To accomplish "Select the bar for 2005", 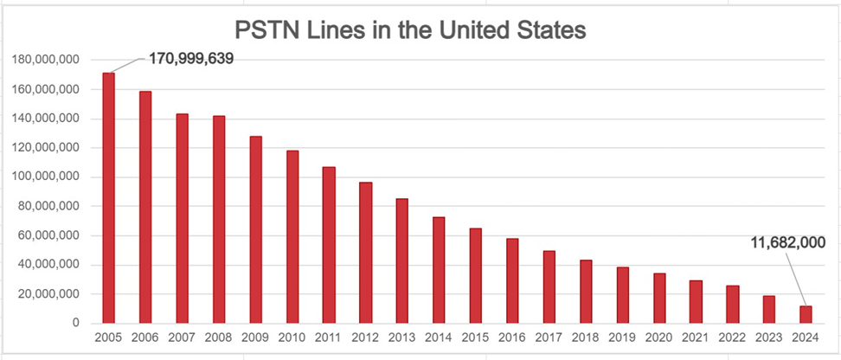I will pos(108,198).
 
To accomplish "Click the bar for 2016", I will pos(512,281).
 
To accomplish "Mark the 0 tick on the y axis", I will pos(76,324).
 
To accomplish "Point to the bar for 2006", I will pos(145,208).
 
